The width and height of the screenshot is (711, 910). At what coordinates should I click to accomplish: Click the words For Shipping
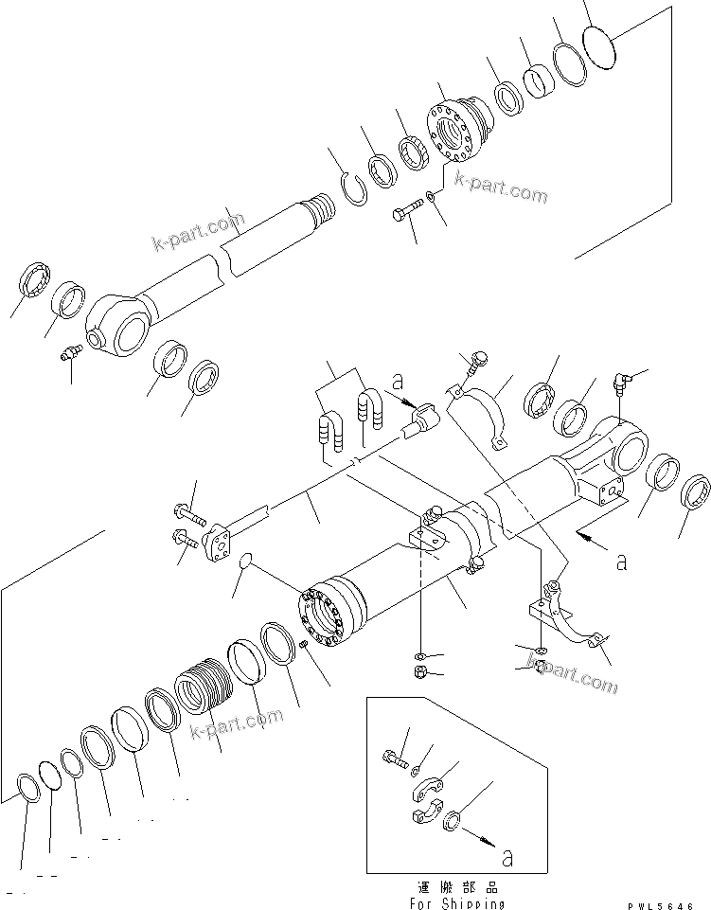pyautogui.click(x=458, y=903)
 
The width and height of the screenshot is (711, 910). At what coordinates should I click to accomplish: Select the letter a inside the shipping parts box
pyautogui.click(x=507, y=858)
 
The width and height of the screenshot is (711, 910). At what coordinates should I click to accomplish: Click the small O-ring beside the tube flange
pyautogui.click(x=243, y=562)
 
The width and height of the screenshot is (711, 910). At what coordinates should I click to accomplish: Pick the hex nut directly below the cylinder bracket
pyautogui.click(x=420, y=673)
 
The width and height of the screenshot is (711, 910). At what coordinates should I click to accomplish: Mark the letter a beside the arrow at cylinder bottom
pyautogui.click(x=621, y=562)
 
